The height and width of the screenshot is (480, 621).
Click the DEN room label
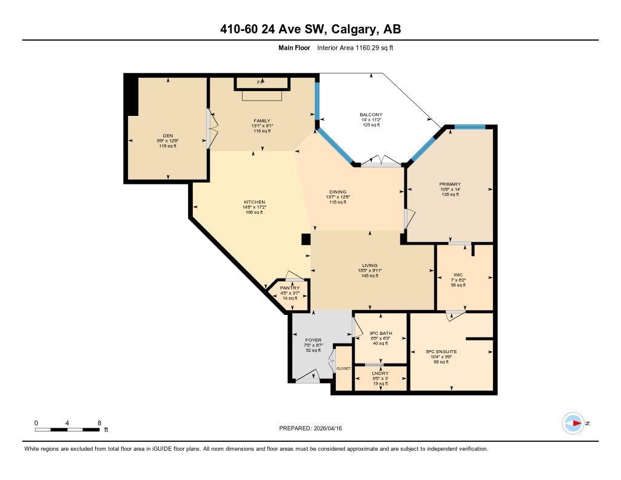coord(168,135)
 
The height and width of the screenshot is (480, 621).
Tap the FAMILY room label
coord(262,121)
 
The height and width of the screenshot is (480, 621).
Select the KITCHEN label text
coord(255,202)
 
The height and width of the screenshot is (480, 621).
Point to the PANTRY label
coord(290,288)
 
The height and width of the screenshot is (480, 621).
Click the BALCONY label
coord(371,115)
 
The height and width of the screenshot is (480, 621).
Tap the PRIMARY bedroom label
coord(450,184)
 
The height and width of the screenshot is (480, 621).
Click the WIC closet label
coord(458,275)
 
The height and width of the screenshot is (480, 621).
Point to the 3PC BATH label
coord(380,333)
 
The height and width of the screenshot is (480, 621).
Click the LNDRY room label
coord(380,373)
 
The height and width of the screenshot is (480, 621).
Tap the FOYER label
coord(314,340)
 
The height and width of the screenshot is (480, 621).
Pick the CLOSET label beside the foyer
coord(344,368)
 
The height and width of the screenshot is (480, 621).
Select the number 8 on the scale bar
coord(99,422)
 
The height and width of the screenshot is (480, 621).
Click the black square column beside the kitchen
coord(306,239)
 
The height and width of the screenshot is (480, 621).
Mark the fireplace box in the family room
coord(261,82)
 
